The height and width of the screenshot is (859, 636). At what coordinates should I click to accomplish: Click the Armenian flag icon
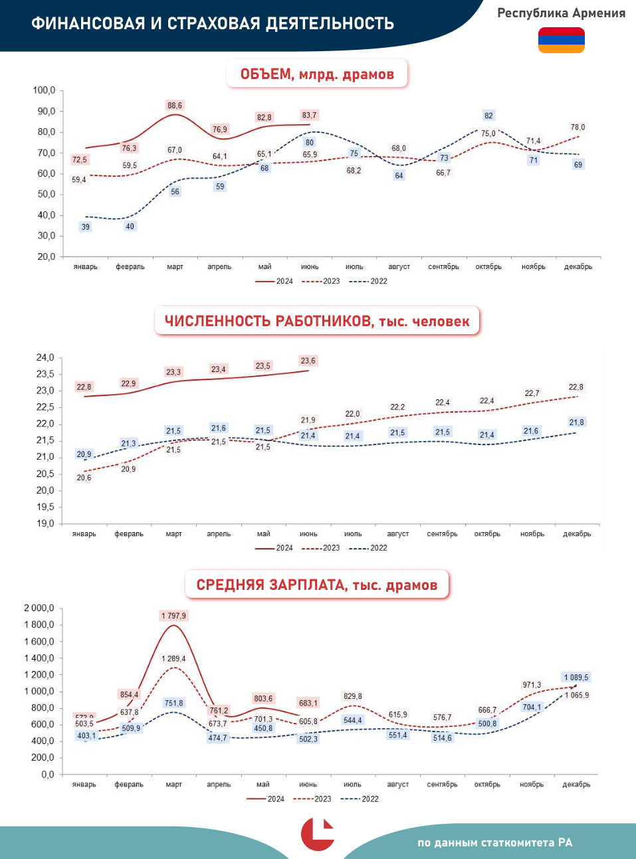561,40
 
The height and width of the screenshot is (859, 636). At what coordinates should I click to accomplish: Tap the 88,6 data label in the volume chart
175,106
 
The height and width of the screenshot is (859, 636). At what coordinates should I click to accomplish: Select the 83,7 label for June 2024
309,115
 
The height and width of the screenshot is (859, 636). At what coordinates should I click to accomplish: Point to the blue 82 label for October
488,116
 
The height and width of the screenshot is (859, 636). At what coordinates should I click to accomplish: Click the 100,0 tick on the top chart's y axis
44,90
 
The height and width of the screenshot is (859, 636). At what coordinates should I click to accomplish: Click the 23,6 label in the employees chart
308,361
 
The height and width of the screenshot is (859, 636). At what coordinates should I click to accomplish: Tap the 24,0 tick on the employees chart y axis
45,357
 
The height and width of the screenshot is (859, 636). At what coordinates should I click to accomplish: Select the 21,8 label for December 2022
576,423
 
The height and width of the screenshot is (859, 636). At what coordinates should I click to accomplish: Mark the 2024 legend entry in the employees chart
274,548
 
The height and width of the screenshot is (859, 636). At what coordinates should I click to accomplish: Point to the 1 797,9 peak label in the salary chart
173,616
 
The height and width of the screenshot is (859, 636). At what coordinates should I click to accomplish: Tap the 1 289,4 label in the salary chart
173,659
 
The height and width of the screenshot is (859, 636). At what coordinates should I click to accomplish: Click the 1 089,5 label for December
576,678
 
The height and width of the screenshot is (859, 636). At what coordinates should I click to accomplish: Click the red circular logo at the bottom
317,834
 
